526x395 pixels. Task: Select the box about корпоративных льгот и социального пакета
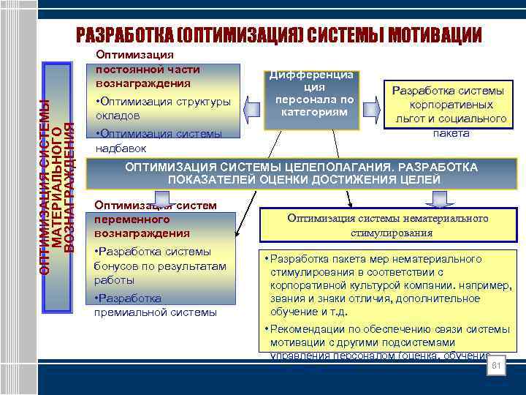click(x=448, y=111)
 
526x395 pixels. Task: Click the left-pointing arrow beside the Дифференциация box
click(x=251, y=110)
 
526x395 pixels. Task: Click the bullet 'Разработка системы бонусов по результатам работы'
click(x=161, y=266)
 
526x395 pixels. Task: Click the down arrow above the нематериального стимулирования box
click(x=439, y=198)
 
